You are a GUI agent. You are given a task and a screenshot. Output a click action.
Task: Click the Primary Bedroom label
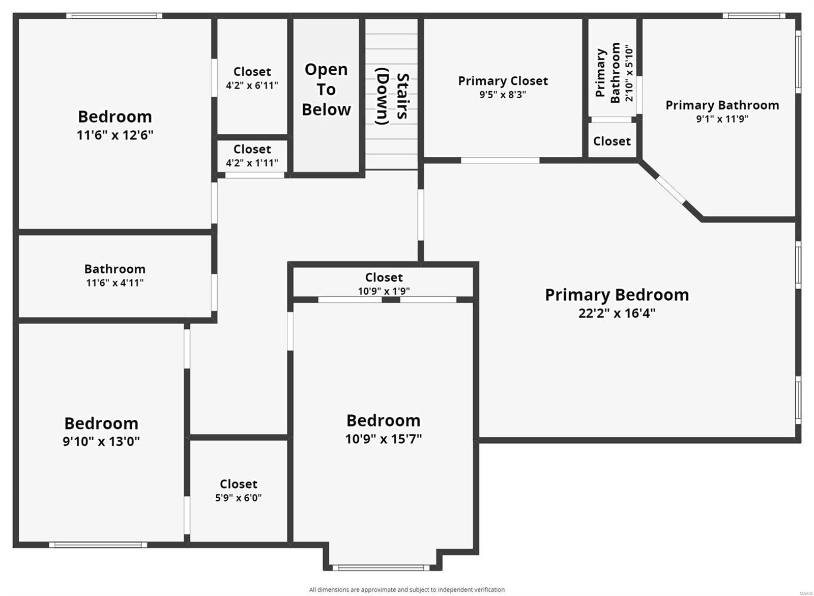[x=617, y=295]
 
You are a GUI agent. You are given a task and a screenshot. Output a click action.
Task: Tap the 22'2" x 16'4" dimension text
[x=617, y=313]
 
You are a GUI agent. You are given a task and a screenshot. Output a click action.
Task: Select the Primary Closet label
[x=503, y=81]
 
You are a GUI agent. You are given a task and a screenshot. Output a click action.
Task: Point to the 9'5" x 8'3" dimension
[x=503, y=95]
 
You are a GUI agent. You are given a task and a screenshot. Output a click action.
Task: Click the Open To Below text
[x=326, y=90]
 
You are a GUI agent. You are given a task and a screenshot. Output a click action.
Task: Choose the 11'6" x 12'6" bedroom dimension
[x=115, y=135]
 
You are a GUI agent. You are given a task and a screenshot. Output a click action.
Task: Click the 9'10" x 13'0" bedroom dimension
[x=101, y=441]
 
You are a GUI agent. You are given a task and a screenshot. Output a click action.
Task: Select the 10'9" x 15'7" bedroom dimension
[x=384, y=439]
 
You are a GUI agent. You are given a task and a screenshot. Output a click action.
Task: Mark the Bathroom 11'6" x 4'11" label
[x=115, y=275]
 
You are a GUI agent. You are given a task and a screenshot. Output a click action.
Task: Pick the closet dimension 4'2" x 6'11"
[x=252, y=86]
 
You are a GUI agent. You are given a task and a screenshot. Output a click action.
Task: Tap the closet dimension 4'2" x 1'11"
[x=252, y=163]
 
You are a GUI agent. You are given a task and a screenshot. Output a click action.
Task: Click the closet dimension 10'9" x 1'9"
[x=384, y=291]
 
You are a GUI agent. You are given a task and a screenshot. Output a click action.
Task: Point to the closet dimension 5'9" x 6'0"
[x=238, y=498]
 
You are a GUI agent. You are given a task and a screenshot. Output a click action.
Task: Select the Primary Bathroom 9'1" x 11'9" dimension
[x=722, y=119]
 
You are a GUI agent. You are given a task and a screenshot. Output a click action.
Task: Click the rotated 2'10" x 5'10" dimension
[x=629, y=73]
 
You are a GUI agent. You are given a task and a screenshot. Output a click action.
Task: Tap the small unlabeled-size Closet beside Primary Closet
[x=612, y=141]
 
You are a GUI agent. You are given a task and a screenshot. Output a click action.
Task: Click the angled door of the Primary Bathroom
[x=670, y=188]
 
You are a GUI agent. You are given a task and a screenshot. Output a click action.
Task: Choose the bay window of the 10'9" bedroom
[x=382, y=567]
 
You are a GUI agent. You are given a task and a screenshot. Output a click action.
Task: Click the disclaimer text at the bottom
[x=406, y=590]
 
